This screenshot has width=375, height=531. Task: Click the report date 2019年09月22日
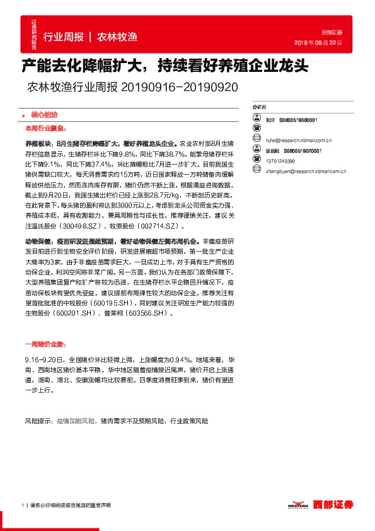pyautogui.click(x=320, y=42)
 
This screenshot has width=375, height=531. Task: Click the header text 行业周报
pyautogui.click(x=64, y=37)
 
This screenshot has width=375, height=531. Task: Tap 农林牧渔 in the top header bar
pyautogui.click(x=117, y=37)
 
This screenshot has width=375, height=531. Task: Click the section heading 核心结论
pyautogui.click(x=44, y=116)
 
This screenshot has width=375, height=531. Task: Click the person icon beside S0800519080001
pyautogui.click(x=257, y=120)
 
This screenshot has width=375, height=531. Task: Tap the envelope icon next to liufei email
pyautogui.click(x=257, y=136)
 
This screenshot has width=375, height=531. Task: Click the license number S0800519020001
pyautogui.click(x=303, y=151)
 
